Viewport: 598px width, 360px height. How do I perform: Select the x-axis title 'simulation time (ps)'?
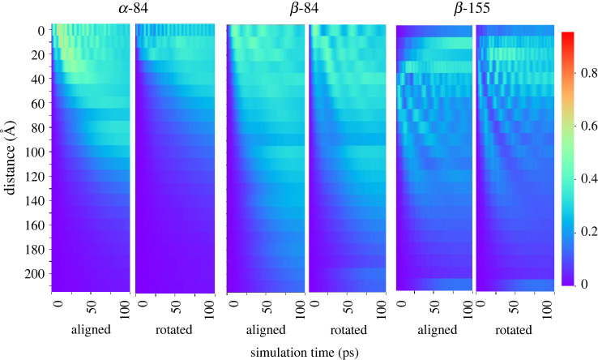click(305, 350)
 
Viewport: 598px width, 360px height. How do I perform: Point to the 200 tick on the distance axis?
click(35, 274)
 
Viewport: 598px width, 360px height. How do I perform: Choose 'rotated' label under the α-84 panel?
click(173, 330)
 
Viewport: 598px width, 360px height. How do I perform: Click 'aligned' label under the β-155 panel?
click(434, 330)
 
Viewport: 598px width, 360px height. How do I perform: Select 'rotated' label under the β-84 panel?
click(347, 330)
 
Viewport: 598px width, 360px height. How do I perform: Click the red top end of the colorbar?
click(567, 35)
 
